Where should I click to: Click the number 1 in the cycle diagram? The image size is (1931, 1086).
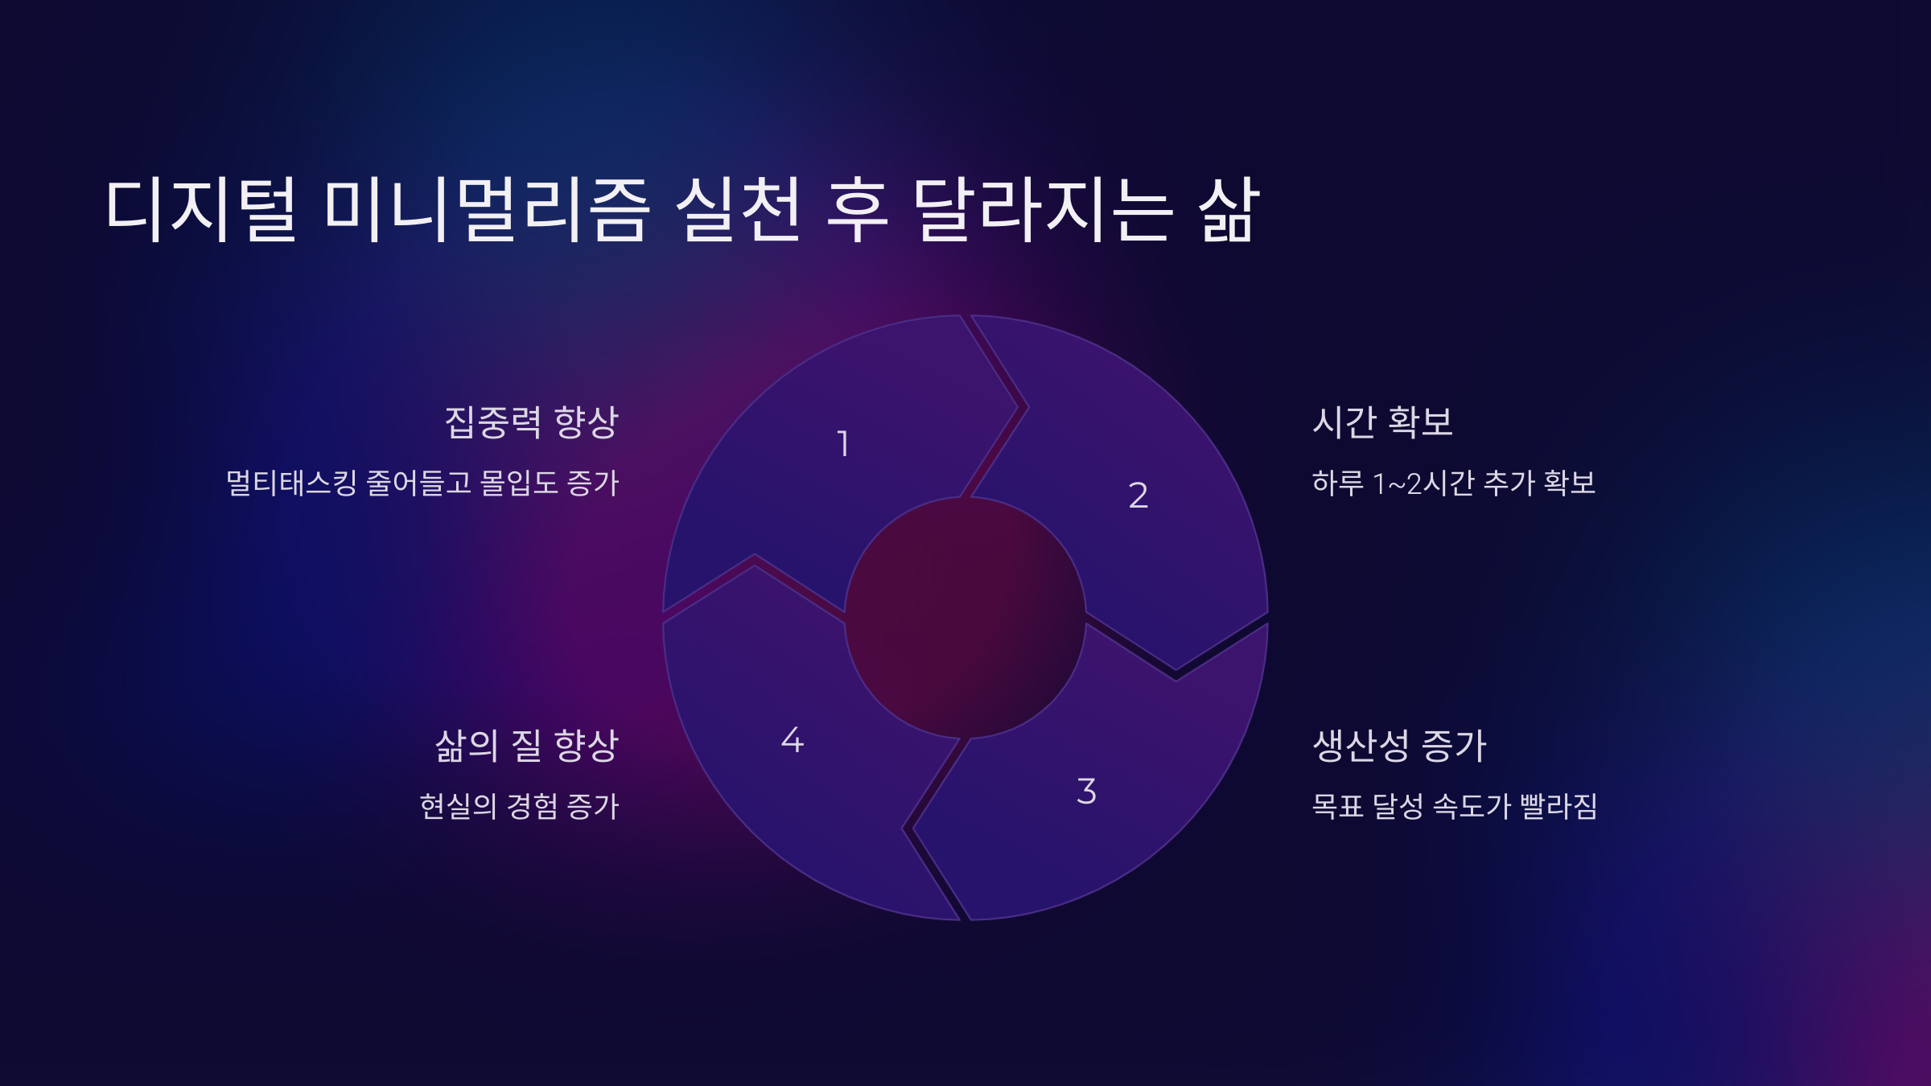(843, 444)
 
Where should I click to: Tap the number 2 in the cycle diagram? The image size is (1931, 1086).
(1138, 496)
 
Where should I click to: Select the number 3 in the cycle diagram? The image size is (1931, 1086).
(1086, 792)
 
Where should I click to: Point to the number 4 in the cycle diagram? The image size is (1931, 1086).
(793, 740)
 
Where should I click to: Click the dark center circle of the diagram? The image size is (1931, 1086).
(965, 618)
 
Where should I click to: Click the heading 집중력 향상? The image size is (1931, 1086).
(531, 422)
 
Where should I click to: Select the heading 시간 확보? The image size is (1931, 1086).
(1382, 422)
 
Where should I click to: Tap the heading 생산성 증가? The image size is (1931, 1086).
(1399, 746)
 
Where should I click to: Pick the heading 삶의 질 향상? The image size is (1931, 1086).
(526, 746)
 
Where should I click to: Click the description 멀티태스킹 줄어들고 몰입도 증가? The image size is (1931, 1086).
(422, 483)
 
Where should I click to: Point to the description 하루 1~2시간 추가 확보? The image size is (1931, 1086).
(1453, 483)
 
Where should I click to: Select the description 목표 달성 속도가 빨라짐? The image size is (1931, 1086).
(1454, 806)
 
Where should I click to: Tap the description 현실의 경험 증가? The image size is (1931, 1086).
(519, 806)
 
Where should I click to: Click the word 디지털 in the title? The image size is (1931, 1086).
(201, 210)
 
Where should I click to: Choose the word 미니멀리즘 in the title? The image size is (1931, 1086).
(487, 210)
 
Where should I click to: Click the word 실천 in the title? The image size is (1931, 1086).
(739, 210)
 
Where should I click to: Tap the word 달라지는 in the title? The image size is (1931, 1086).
(1043, 210)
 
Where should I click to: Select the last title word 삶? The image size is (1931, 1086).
(1229, 210)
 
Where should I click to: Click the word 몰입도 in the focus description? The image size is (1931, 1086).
(518, 483)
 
